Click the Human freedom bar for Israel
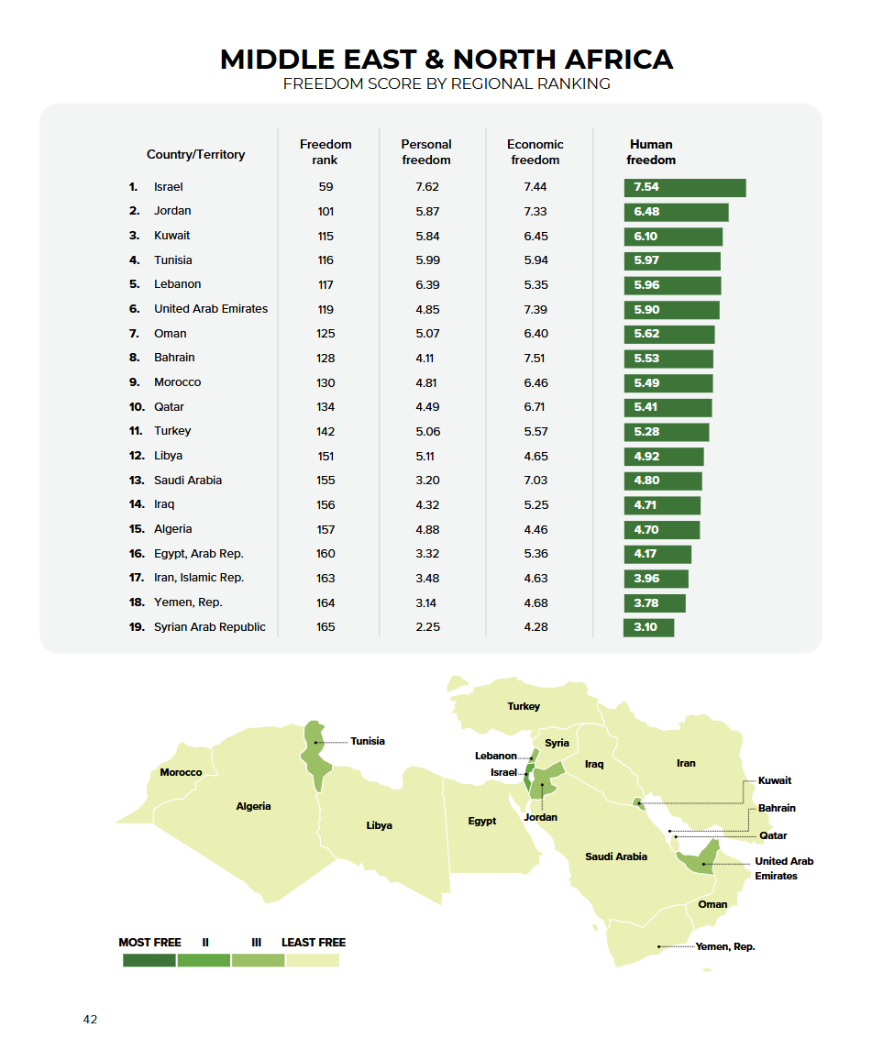pyautogui.click(x=684, y=187)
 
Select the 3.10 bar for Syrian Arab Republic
pyautogui.click(x=648, y=627)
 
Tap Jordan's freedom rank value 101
pyautogui.click(x=326, y=211)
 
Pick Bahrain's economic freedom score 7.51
pyautogui.click(x=535, y=358)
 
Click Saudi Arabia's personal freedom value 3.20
pyautogui.click(x=426, y=481)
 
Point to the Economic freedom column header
pyautogui.click(x=535, y=152)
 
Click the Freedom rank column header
pyautogui.click(x=326, y=152)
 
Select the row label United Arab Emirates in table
pyautogui.click(x=211, y=309)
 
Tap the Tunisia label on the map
pyautogui.click(x=368, y=741)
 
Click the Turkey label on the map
pyautogui.click(x=524, y=706)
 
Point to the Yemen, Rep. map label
pyautogui.click(x=725, y=946)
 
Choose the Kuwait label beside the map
pyautogui.click(x=775, y=780)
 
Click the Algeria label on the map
pyautogui.click(x=253, y=807)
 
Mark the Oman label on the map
pyautogui.click(x=712, y=904)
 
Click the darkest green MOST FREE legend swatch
pyautogui.click(x=149, y=960)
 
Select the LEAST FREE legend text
pyautogui.click(x=314, y=942)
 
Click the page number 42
pyautogui.click(x=90, y=1020)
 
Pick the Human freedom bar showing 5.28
pyautogui.click(x=666, y=432)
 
